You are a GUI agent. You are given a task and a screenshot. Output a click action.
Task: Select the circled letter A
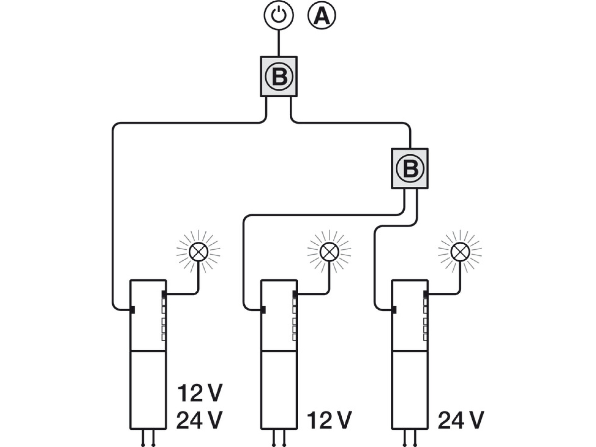(x=322, y=15)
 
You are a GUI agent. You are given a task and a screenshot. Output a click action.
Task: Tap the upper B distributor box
(x=279, y=76)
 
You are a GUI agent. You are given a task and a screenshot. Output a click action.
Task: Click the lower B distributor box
(x=410, y=169)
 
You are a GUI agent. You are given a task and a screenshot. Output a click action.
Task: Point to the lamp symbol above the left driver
(x=198, y=252)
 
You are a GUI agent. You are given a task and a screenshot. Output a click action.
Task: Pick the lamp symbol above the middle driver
(x=329, y=252)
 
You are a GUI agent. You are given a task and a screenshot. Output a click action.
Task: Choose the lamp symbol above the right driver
(x=460, y=252)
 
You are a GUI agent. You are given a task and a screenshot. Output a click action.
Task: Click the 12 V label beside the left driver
(x=200, y=393)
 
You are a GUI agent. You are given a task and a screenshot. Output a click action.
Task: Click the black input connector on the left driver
(x=132, y=310)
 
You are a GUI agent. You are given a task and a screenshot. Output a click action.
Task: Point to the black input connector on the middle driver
(x=263, y=310)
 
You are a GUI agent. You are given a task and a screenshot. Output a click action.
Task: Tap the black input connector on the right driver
(x=394, y=310)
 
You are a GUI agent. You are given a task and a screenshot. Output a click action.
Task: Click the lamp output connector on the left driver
(x=164, y=294)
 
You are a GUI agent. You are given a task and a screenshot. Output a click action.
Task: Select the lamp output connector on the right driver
(x=425, y=294)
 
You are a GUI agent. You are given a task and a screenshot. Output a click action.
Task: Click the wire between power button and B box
(x=279, y=43)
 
